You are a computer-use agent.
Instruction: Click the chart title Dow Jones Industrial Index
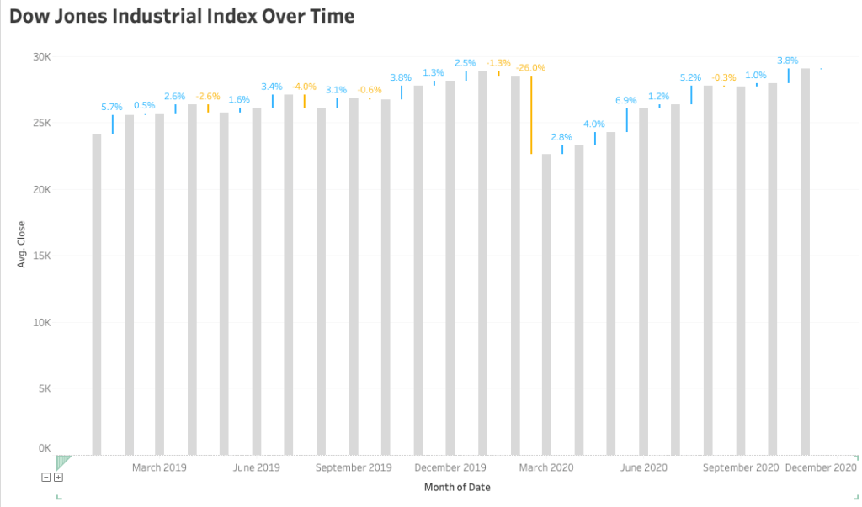click(182, 16)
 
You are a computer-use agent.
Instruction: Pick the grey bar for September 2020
click(740, 270)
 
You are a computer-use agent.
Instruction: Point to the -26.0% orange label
click(531, 67)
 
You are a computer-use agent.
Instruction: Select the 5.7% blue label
click(112, 107)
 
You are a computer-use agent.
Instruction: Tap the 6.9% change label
click(626, 100)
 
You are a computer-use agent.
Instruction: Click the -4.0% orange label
click(304, 87)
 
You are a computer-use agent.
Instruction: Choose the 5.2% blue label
click(691, 77)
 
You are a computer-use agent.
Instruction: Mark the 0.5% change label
click(145, 105)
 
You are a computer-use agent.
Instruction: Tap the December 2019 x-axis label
click(450, 467)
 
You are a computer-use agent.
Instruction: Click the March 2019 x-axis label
click(160, 467)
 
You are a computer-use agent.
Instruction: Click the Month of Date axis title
click(457, 488)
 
